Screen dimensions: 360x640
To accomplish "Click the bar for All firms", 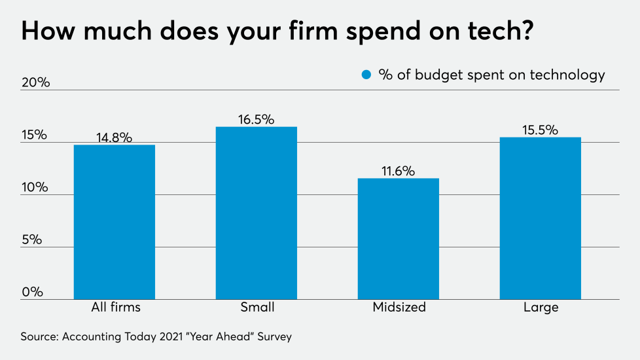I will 115,222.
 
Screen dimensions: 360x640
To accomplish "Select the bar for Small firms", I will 257,213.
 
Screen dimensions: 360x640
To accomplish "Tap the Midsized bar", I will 399,238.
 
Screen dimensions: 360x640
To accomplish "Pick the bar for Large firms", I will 540,218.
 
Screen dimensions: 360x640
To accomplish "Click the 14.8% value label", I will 115,137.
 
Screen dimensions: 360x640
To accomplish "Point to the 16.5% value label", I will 257,119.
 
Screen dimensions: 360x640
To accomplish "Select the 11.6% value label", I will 399,171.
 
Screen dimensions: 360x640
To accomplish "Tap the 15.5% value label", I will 540,130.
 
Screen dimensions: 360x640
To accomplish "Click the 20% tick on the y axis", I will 35,83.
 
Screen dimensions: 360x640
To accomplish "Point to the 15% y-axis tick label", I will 34,135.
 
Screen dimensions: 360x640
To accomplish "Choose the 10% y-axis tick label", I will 35,187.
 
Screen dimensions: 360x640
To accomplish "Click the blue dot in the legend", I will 366,75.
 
